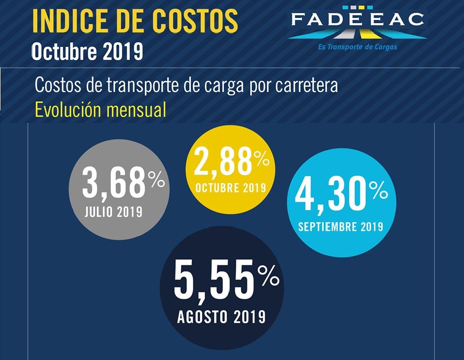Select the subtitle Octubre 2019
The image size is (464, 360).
(x=87, y=51)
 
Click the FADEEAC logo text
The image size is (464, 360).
(x=357, y=19)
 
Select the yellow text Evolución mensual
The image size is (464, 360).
(x=101, y=110)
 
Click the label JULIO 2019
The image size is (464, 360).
(x=113, y=211)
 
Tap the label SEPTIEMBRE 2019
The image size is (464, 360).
(x=340, y=226)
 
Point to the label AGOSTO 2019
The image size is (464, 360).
(x=221, y=317)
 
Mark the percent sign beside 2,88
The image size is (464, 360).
(x=261, y=157)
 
